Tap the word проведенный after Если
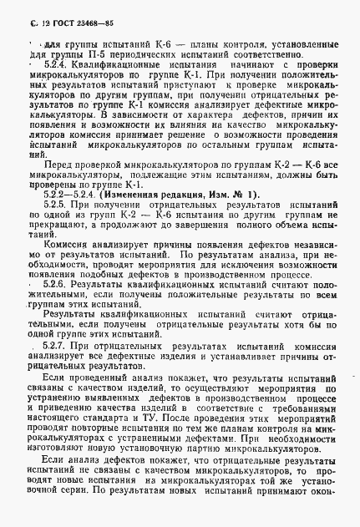point(100,378)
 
